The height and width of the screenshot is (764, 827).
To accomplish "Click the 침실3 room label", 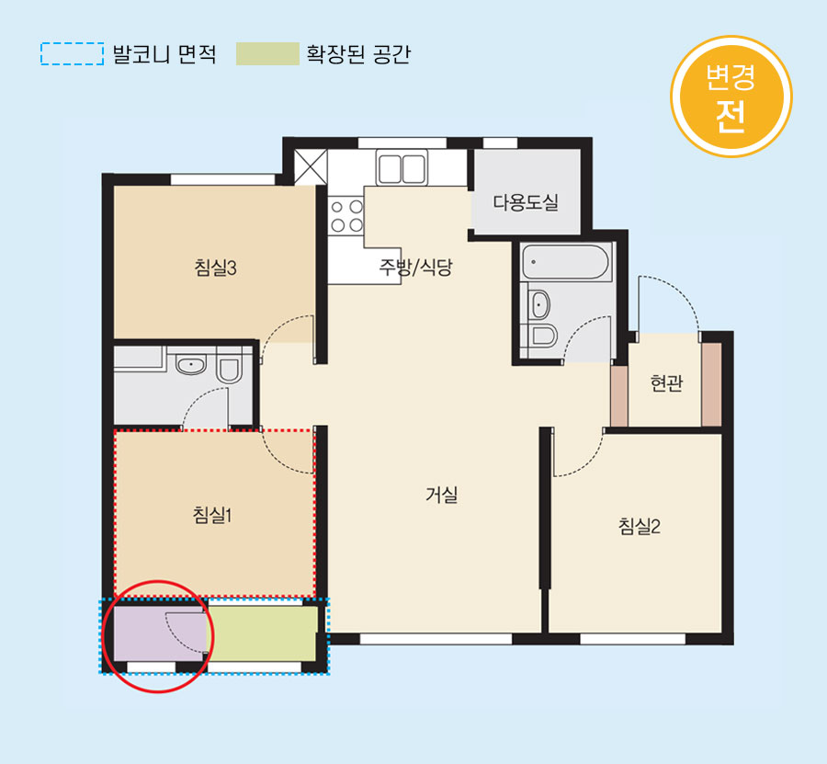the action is point(216,268).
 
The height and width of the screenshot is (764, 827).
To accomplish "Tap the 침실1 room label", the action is point(212,515).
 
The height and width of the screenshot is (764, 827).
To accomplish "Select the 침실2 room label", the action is point(640,526).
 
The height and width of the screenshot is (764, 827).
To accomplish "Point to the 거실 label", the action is point(441,495).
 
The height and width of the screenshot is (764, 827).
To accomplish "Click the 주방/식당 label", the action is point(415,267).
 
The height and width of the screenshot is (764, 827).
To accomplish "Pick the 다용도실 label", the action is point(526,202).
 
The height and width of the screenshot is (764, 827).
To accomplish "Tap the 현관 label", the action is point(667,382).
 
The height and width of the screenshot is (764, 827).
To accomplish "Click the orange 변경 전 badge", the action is point(731,97).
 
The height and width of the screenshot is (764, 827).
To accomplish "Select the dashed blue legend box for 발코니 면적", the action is point(73,54).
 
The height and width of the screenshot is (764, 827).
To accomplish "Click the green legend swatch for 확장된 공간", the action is point(267,54).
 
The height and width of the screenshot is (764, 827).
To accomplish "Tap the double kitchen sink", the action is point(402,167).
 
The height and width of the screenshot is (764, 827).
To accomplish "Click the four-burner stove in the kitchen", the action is point(346,216).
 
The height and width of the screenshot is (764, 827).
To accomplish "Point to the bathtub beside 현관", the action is point(565,262).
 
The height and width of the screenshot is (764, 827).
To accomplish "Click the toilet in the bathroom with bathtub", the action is point(540,335).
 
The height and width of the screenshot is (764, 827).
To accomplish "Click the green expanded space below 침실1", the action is point(263,633).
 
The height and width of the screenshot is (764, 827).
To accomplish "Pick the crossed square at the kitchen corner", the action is point(311,166).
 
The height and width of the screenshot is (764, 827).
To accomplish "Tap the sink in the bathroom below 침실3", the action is point(190,365).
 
